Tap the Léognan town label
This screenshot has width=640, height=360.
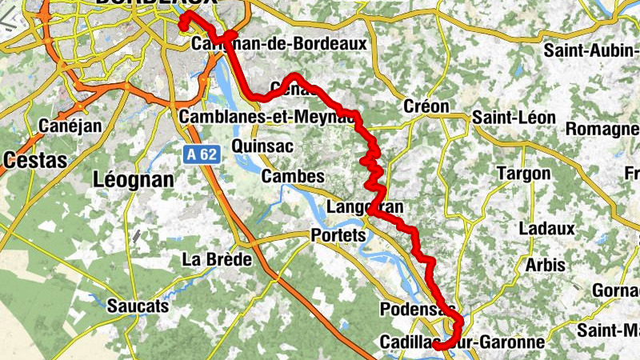click(134, 179)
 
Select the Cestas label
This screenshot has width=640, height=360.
click(34, 160)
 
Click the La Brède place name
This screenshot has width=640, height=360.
click(217, 259)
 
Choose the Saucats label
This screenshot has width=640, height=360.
click(138, 306)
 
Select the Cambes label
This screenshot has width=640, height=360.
click(293, 176)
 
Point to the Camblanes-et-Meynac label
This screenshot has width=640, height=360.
click(268, 117)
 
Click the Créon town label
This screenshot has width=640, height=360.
click(426, 106)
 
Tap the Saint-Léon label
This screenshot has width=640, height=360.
click(514, 118)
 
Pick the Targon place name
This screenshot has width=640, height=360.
click(523, 174)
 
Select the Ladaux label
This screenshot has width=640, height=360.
click(546, 229)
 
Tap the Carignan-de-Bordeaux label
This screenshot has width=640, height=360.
click(280, 43)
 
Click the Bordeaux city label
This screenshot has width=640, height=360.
click(155, 3)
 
